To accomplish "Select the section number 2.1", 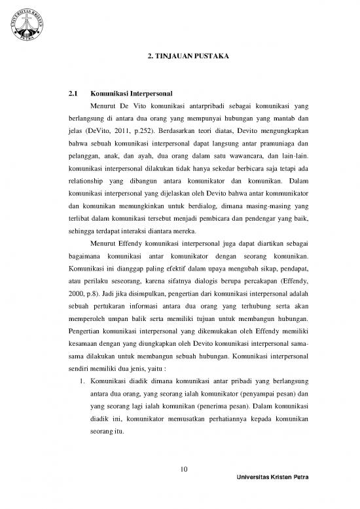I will coord(74,94).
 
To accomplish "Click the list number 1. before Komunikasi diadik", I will coord(84,379).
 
